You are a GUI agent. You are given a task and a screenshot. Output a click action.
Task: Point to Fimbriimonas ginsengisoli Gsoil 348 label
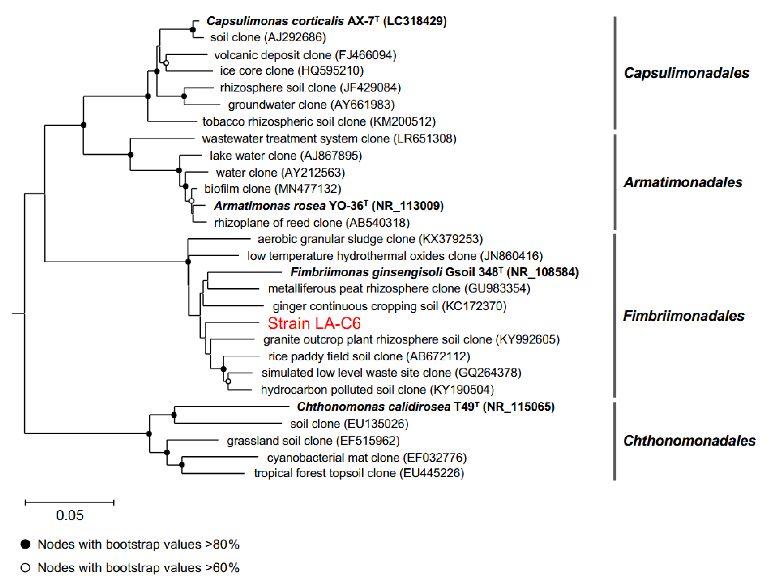[x=434, y=272]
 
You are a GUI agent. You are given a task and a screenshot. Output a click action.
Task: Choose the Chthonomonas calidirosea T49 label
[x=425, y=406]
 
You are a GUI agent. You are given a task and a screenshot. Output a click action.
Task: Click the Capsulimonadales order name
[x=686, y=73]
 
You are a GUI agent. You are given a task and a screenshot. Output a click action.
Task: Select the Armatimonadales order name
[x=683, y=182]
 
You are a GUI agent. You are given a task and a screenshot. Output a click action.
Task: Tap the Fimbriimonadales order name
[x=683, y=316]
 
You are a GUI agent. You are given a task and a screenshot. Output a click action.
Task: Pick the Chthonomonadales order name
[x=689, y=441]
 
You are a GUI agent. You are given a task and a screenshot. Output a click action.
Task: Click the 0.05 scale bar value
[x=70, y=515]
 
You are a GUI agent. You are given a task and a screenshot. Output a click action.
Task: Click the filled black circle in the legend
[x=25, y=544]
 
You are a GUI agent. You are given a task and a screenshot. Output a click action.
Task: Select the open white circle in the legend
[x=25, y=568]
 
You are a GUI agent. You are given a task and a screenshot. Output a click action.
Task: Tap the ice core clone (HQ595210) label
[x=292, y=71]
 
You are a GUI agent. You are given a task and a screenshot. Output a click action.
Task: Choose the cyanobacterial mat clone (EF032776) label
[x=367, y=458]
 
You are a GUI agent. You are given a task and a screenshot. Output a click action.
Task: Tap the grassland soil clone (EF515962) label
[x=313, y=441]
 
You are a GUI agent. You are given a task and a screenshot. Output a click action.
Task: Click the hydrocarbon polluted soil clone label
[x=377, y=390]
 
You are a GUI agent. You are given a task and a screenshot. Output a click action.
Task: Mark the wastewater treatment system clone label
[x=329, y=139]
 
